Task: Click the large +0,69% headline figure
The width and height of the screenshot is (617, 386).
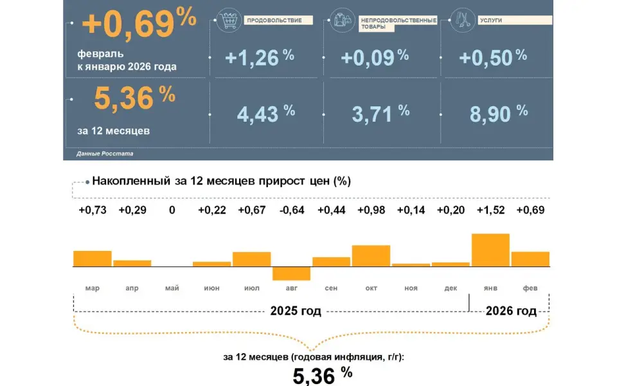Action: tap(139, 24)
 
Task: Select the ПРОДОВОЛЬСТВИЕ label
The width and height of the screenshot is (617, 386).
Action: tap(274, 21)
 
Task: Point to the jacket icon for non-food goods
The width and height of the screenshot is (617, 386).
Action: tap(339, 21)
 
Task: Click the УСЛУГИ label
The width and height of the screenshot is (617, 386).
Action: tap(490, 21)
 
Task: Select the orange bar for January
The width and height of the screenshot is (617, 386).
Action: tap(490, 250)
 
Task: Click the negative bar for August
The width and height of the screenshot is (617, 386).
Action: tap(291, 273)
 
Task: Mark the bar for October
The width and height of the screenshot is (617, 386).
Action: tap(371, 255)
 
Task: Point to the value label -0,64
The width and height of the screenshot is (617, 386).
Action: tap(291, 211)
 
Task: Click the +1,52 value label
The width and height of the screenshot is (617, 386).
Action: tap(490, 211)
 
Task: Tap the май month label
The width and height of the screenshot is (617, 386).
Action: tap(172, 288)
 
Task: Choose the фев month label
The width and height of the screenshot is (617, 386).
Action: tap(530, 288)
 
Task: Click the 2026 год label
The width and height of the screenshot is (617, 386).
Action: tap(511, 311)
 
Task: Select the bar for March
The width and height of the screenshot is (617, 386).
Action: tap(93, 258)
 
